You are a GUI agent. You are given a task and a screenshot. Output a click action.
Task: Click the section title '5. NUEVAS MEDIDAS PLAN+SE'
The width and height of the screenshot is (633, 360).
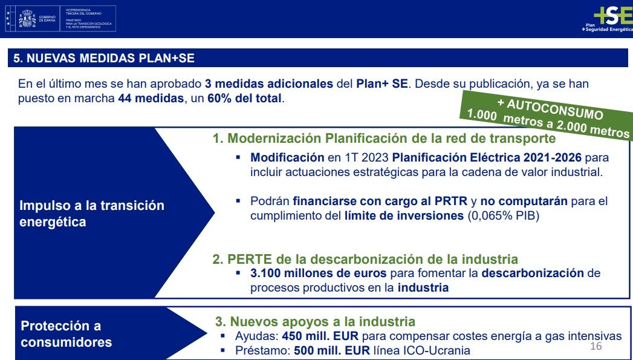[104, 59]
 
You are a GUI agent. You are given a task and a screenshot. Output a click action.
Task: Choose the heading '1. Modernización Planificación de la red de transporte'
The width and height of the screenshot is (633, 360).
[383, 139]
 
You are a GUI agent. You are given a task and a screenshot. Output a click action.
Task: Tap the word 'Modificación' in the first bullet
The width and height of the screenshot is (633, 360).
[287, 157]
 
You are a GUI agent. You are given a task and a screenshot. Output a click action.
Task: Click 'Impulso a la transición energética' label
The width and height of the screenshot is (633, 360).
[92, 214]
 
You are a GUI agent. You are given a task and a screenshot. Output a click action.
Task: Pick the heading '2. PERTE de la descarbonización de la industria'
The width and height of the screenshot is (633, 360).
[365, 259]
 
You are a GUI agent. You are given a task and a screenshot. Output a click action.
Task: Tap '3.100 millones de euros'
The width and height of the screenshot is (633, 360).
[319, 273]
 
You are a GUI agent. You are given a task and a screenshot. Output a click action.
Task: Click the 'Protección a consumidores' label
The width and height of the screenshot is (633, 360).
[67, 334]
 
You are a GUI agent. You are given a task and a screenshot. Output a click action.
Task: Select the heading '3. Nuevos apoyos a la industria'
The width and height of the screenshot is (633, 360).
[315, 322]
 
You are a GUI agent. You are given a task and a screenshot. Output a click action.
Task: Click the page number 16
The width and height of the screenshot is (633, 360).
[596, 346]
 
